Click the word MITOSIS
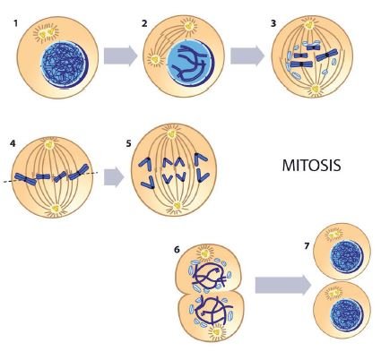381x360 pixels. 311,165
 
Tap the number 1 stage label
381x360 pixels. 15,23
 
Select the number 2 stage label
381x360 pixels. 144,23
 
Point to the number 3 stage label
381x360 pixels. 273,23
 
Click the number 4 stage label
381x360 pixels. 13,143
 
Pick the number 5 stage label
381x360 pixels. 128,143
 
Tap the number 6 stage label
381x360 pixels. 177,249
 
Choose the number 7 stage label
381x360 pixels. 307,246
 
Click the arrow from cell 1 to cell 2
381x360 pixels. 120,56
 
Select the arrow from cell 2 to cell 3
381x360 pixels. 247,56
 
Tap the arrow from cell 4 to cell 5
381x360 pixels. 114,177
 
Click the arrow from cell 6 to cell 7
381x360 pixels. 283,285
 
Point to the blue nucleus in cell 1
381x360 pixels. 65,64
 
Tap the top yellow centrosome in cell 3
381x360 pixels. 309,24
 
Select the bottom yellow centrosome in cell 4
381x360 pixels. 56,209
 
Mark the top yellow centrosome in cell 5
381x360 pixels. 171,133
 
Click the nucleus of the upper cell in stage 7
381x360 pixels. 346,258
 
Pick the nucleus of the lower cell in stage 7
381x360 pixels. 346,315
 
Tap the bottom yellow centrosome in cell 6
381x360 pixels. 217,331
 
